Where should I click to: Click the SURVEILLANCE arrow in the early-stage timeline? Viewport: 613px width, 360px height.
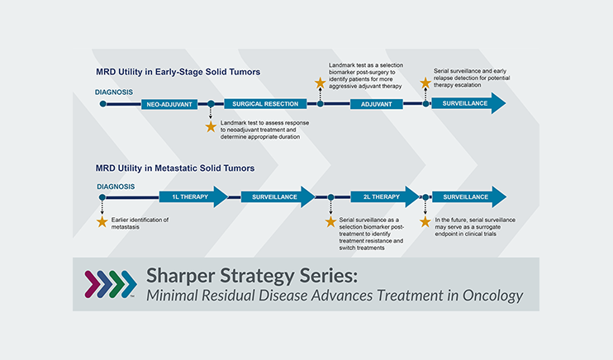pyautogui.click(x=467, y=104)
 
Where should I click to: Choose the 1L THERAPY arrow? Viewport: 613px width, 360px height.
pyautogui.click(x=191, y=197)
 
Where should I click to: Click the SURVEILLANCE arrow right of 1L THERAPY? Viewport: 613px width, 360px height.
pyautogui.click(x=275, y=197)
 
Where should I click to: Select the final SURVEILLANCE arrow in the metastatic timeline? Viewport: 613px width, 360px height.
pyautogui.click(x=467, y=197)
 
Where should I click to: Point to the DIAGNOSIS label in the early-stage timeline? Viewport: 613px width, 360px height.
pyautogui.click(x=114, y=92)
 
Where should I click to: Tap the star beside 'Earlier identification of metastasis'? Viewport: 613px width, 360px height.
pyautogui.click(x=102, y=221)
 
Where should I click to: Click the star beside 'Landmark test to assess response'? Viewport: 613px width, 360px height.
pyautogui.click(x=211, y=126)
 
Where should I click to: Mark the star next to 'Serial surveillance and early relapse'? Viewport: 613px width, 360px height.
pyautogui.click(x=425, y=83)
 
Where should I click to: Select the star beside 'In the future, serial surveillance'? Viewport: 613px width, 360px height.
pyautogui.click(x=425, y=221)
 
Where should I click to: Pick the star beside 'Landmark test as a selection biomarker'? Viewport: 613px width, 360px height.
pyautogui.click(x=320, y=83)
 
